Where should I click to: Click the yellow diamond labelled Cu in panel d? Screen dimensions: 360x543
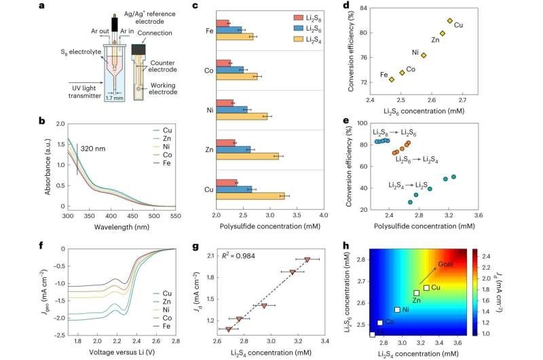pyautogui.click(x=450, y=21)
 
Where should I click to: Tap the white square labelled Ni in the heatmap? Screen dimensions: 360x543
pyautogui.click(x=397, y=310)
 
